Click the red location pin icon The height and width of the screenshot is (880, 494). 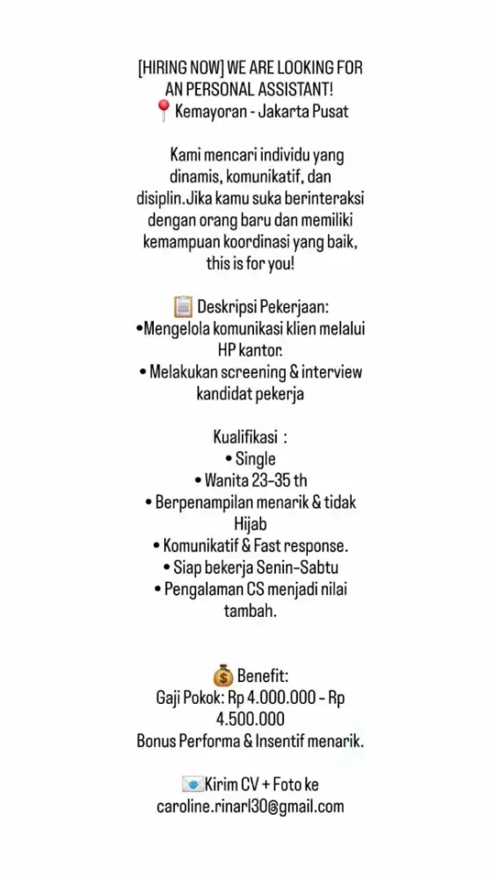click(x=163, y=111)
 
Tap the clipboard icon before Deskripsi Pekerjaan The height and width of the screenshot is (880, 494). click(x=183, y=307)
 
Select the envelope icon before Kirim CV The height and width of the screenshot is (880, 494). click(x=193, y=783)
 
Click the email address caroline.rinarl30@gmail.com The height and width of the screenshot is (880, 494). click(x=251, y=805)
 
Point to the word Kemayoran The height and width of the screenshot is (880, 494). click(x=211, y=112)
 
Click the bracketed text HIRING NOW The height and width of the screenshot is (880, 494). click(x=181, y=69)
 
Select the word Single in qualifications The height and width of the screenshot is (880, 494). click(x=255, y=458)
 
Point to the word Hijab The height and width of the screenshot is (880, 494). click(x=251, y=524)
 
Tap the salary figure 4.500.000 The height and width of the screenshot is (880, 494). click(x=251, y=719)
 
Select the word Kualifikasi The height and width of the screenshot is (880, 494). click(x=245, y=436)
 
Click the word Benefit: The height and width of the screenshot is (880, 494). click(x=263, y=676)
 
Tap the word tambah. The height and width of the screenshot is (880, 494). click(x=251, y=610)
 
